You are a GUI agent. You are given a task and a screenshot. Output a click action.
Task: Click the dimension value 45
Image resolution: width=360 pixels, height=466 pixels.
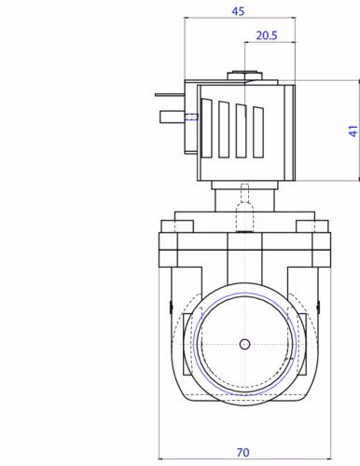pyautogui.click(x=238, y=11)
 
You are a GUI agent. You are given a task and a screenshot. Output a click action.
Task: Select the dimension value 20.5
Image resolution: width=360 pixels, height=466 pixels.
pyautogui.click(x=267, y=35)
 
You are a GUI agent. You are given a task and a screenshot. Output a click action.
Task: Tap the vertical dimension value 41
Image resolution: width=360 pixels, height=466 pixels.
pyautogui.click(x=353, y=130)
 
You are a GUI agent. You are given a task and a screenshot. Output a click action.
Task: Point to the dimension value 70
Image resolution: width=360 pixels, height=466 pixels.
pyautogui.click(x=242, y=452)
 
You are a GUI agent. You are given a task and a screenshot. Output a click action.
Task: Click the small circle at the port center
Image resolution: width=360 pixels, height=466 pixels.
pyautogui.click(x=245, y=344)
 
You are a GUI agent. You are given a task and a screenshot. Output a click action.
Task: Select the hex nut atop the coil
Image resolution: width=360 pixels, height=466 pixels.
pyautogui.click(x=244, y=75)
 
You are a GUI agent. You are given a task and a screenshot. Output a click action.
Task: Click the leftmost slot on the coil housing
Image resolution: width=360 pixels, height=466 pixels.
pyautogui.click(x=206, y=128)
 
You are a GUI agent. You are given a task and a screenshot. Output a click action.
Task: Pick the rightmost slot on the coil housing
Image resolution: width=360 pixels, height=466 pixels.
pyautogui.click(x=258, y=132)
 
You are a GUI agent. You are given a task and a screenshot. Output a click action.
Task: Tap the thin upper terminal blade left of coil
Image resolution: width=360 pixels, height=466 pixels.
pyautogui.click(x=170, y=95)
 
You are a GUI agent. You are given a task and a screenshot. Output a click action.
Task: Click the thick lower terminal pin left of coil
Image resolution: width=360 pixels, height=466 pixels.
pyautogui.click(x=173, y=117)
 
